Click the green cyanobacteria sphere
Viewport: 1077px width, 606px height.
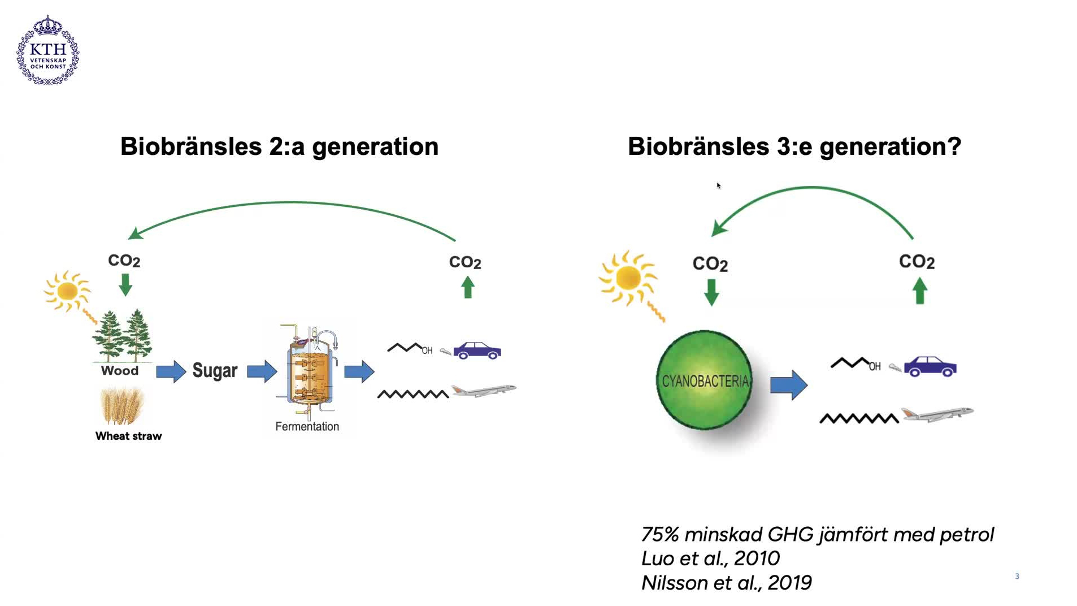click(x=704, y=380)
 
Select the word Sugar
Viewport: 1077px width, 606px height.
click(x=215, y=371)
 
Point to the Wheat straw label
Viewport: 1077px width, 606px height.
click(x=128, y=436)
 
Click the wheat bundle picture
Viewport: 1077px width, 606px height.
click(x=121, y=405)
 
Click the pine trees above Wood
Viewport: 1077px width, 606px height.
click(x=123, y=336)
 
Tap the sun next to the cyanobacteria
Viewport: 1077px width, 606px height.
click(x=628, y=278)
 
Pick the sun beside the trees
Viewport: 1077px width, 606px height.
click(x=67, y=291)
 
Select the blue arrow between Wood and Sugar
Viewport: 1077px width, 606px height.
click(x=171, y=371)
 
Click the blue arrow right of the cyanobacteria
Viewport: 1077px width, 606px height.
click(x=789, y=385)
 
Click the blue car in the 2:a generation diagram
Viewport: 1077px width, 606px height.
click(x=477, y=350)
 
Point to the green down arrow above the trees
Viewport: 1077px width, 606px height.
click(x=125, y=284)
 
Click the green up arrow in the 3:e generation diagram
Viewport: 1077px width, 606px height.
click(x=920, y=291)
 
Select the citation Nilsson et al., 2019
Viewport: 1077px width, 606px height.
click(x=726, y=583)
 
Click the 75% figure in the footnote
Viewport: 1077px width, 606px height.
click(x=659, y=534)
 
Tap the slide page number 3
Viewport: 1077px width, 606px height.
click(x=1017, y=576)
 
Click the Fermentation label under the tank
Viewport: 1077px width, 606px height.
click(x=307, y=426)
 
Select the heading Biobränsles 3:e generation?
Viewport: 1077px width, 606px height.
click(x=794, y=146)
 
